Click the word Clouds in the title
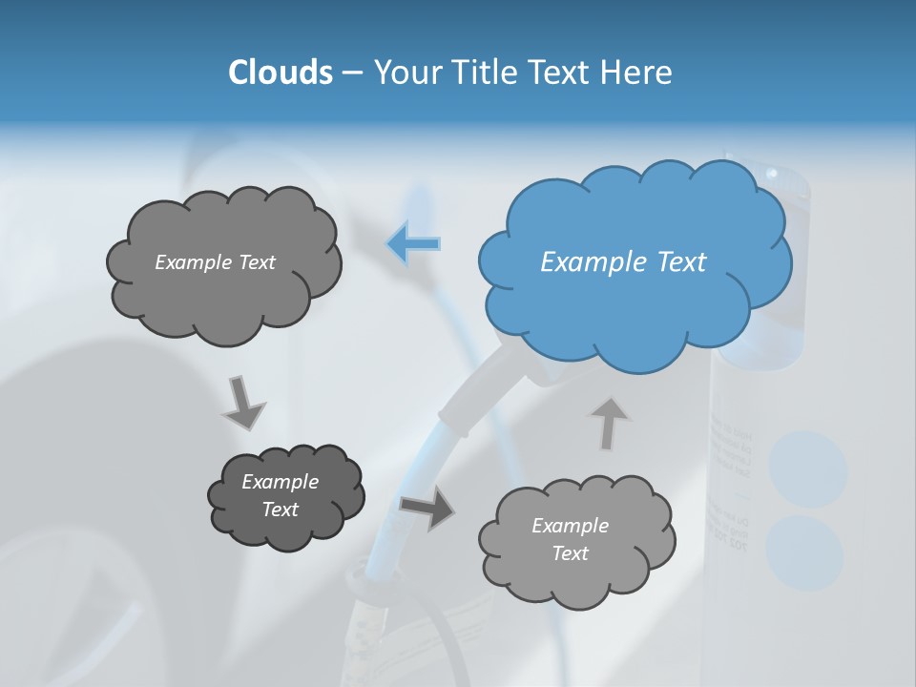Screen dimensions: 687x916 (280, 73)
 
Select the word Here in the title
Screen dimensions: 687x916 (637, 73)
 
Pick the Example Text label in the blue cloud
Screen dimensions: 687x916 (623, 261)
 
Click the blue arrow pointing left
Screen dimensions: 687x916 (414, 244)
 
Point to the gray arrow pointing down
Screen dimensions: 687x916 (242, 403)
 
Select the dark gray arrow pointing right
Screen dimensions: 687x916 (427, 508)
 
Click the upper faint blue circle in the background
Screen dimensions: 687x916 (808, 468)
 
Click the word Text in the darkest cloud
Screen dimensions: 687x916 (281, 510)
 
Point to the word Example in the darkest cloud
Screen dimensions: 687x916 (281, 482)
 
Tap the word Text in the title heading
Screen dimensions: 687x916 (562, 73)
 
